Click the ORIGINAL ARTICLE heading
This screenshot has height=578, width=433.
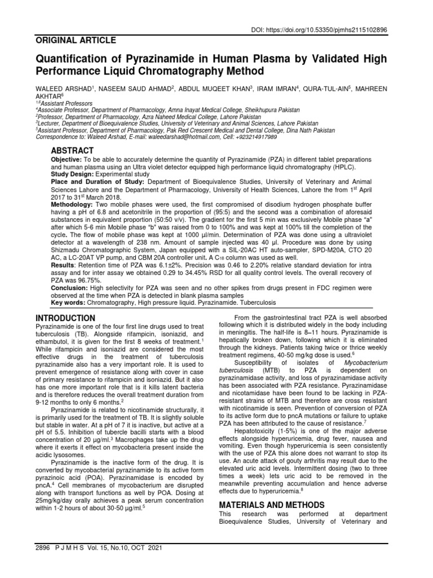pyautogui.click(x=76, y=41)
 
